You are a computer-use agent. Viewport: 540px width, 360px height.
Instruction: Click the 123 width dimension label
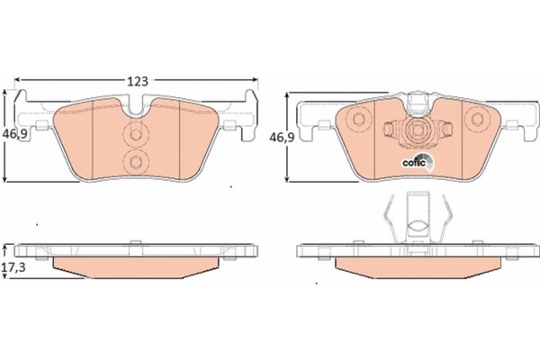[138, 81]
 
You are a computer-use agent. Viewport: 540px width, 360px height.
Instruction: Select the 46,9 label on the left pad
[14, 134]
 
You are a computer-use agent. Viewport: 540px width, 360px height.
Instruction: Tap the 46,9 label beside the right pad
[282, 138]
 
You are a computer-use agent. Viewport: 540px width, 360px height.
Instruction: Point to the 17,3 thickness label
[13, 267]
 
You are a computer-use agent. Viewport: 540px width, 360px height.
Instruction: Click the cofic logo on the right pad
[418, 161]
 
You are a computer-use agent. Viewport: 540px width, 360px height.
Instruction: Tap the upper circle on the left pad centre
[136, 134]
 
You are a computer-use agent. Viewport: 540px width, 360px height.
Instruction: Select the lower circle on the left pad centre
[136, 162]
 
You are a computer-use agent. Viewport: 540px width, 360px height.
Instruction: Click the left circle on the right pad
[358, 119]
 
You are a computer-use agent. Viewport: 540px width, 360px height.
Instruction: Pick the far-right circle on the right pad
[477, 119]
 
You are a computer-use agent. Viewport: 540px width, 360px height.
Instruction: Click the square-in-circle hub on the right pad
[418, 130]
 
